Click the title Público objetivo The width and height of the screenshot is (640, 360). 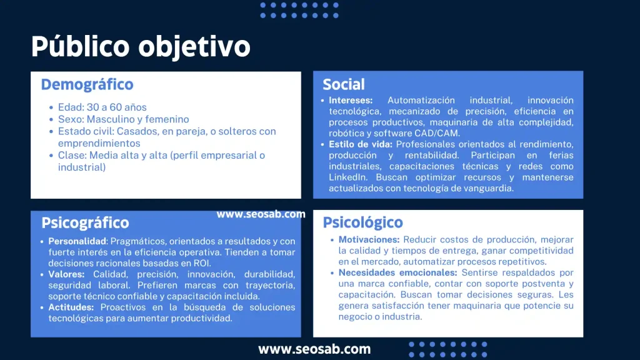point(141,47)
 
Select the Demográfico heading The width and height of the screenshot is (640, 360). point(87,84)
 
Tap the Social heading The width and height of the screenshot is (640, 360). point(344,84)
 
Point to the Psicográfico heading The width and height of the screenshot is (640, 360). point(85,223)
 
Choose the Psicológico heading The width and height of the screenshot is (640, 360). point(362,222)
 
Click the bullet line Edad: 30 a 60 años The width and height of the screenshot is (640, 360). point(102,107)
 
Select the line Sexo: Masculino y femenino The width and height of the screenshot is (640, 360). point(123,119)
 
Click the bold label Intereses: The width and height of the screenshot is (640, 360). point(351,100)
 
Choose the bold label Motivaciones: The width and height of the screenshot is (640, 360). point(369,239)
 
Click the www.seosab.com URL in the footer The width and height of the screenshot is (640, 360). point(314,349)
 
